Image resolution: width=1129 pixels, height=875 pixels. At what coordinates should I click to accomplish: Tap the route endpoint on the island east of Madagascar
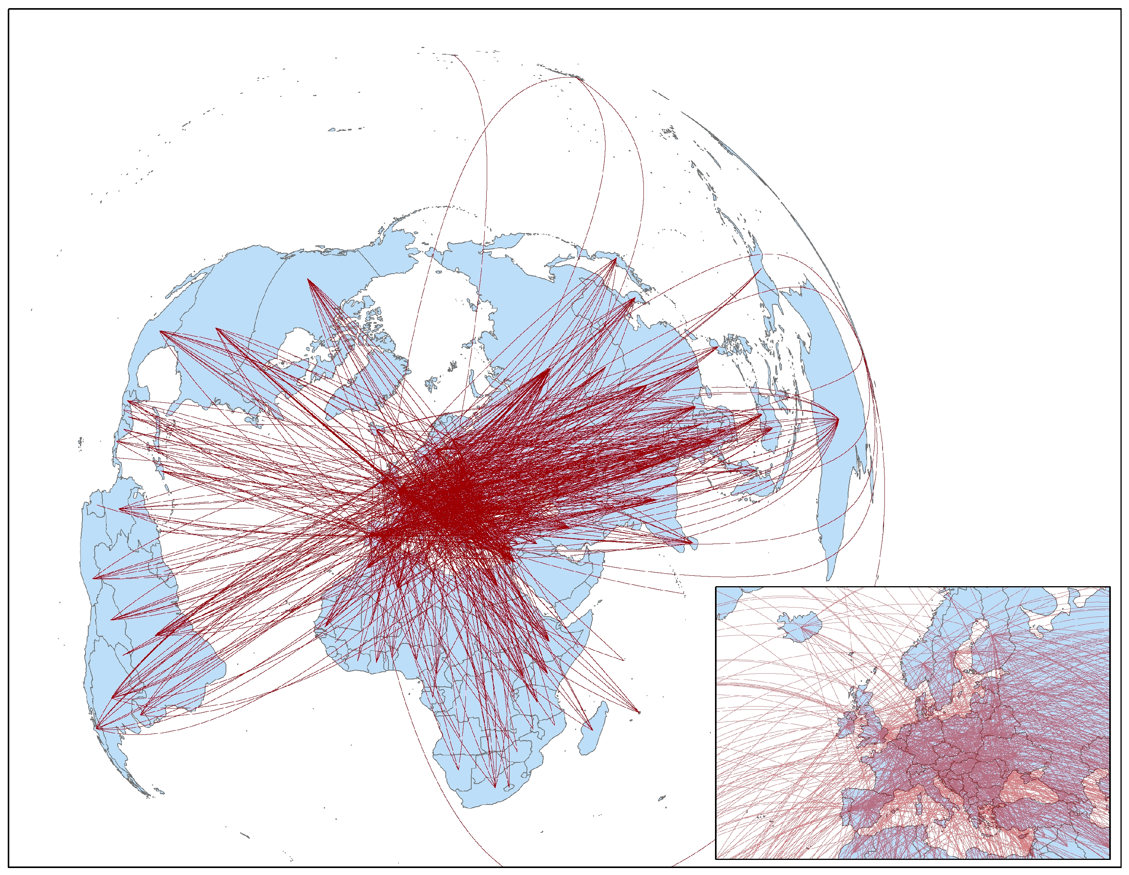pos(639,712)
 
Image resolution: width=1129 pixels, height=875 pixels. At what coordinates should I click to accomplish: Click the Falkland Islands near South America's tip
pos(158,791)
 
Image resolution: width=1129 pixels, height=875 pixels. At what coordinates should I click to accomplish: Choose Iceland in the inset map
pos(802,626)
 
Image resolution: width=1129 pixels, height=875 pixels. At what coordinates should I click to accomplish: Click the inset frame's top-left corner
pos(716,587)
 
